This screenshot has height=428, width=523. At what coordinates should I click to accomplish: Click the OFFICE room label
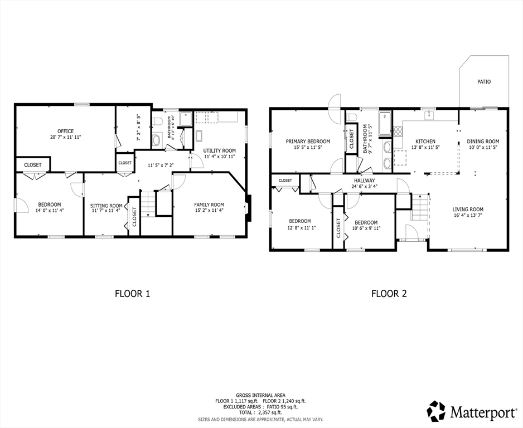[65, 132]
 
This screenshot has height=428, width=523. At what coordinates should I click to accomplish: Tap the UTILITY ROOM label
[220, 150]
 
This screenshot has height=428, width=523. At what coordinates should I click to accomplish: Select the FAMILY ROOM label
[209, 205]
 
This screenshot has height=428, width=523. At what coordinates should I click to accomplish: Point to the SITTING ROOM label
[106, 206]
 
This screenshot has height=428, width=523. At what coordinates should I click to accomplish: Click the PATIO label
[484, 82]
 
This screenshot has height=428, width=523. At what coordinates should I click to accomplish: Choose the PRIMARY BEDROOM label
[308, 142]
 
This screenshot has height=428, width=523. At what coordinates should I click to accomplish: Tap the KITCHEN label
[425, 142]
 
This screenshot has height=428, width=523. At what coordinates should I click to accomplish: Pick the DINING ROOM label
[483, 142]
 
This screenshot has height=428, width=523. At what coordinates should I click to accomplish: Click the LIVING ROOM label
[468, 210]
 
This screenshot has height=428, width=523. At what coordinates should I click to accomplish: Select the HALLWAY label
[364, 181]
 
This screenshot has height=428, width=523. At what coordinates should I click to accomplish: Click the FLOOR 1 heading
[132, 294]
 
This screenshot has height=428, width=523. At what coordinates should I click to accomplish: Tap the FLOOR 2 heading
[389, 294]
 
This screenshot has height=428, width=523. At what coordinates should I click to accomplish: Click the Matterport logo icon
[436, 411]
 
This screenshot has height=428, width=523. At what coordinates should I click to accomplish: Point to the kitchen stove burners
[398, 132]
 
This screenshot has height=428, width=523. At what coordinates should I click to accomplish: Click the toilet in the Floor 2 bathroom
[352, 118]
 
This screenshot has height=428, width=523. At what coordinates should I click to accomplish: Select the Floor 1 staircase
[148, 204]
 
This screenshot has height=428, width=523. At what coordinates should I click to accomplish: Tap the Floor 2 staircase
[420, 207]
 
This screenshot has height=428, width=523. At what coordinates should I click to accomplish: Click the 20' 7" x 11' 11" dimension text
[65, 137]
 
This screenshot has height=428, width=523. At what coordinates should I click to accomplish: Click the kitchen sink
[428, 116]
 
